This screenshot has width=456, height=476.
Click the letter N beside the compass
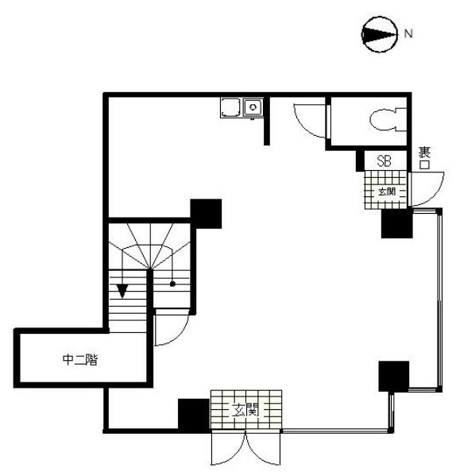coord(408,33)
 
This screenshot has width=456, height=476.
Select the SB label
coord(385,161)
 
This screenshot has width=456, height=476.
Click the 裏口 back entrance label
coord(424,158)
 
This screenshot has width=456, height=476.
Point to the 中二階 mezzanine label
coord(80,358)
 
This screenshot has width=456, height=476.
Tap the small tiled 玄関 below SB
coord(385,192)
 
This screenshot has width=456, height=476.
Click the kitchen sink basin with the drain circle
coord(253,107)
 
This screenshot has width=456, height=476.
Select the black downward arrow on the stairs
coord(122,290)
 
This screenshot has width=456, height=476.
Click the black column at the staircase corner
coord(205,212)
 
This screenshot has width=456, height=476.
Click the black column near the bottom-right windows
coord(393,376)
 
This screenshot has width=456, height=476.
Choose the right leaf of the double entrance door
coord(265,451)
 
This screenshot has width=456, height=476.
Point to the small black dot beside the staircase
coord(172,283)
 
